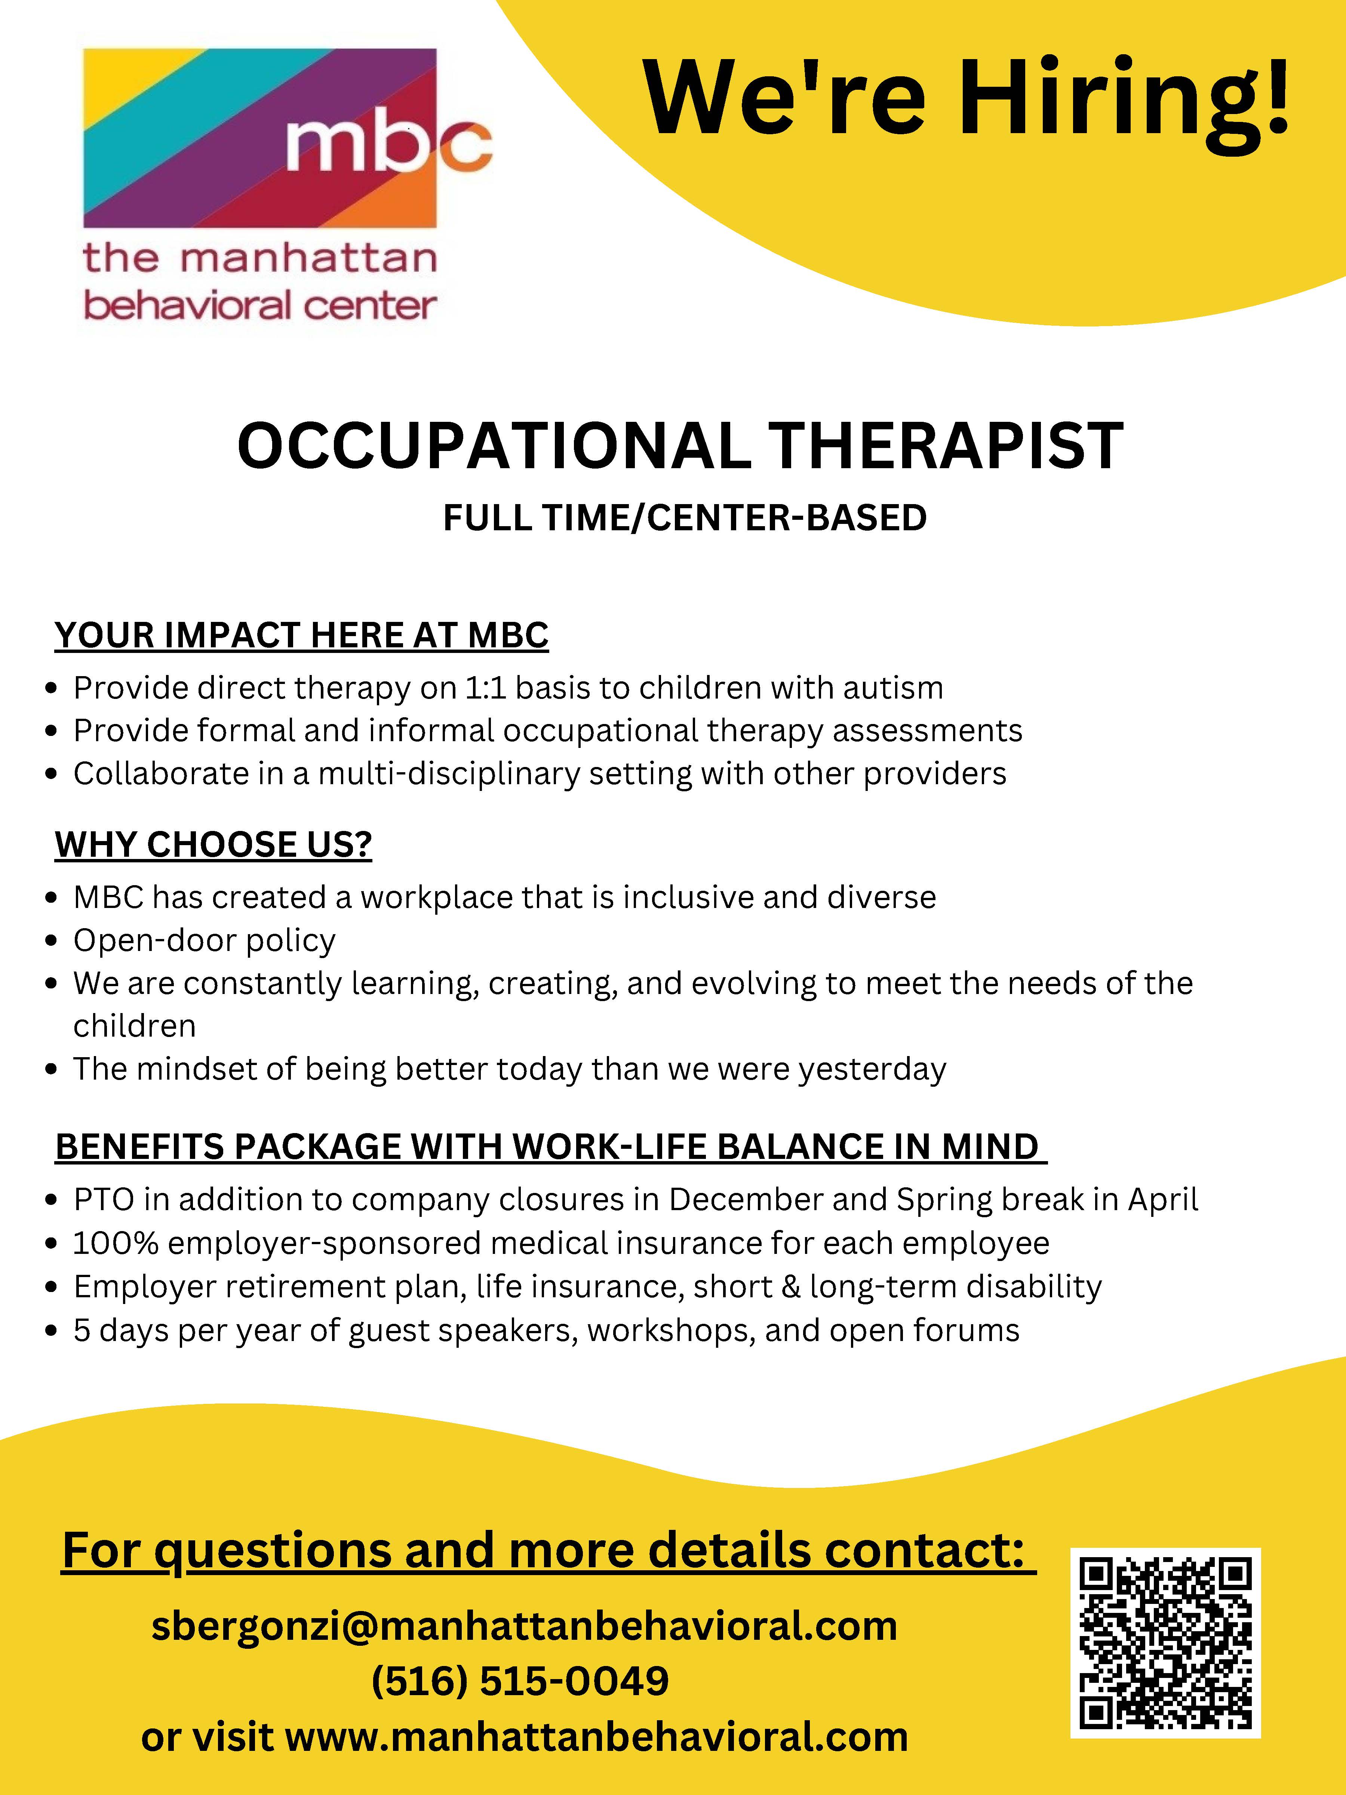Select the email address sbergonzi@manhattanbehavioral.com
click(524, 1625)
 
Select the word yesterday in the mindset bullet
click(872, 1070)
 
